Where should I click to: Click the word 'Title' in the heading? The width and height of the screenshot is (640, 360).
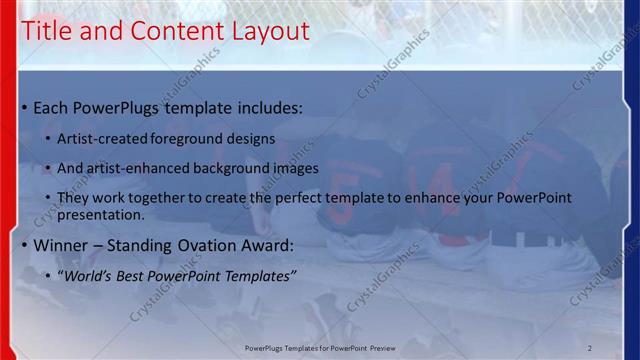pyautogui.click(x=48, y=32)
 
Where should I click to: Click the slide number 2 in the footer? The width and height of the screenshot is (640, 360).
pyautogui.click(x=589, y=347)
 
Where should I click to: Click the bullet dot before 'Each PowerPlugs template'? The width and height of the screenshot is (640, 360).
pyautogui.click(x=25, y=108)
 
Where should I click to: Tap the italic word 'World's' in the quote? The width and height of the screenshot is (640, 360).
pyautogui.click(x=95, y=275)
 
